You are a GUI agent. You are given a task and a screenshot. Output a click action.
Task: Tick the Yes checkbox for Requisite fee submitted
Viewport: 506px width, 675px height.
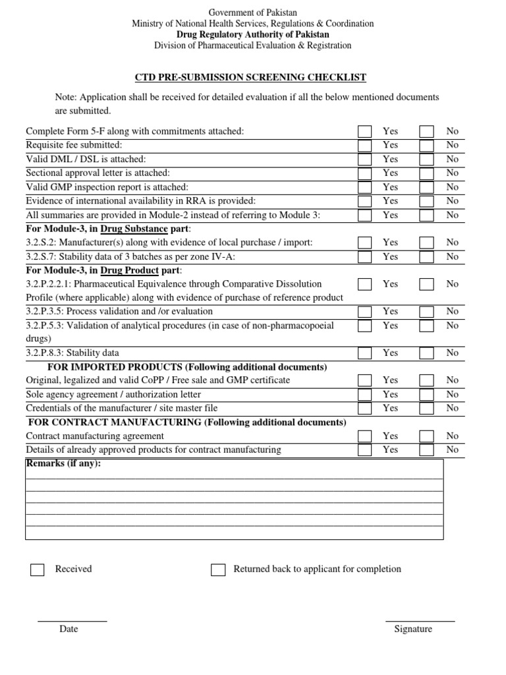click(364, 145)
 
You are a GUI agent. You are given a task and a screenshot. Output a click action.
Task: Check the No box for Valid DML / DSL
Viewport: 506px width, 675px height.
click(427, 160)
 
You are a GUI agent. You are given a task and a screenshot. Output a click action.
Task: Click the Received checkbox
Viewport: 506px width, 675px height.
click(38, 570)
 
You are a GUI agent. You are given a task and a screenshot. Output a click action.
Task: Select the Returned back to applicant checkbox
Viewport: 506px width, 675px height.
click(218, 570)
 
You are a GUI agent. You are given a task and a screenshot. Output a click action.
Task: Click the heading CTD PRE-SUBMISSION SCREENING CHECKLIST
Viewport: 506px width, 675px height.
click(250, 78)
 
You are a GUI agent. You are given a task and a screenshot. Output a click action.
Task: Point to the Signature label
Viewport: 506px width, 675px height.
click(413, 629)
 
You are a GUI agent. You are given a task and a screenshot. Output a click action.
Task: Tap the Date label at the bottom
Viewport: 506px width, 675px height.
click(69, 629)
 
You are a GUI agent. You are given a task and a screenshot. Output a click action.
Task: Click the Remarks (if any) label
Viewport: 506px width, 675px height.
click(63, 463)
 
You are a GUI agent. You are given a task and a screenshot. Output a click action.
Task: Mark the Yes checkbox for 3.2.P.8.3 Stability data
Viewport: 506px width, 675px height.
click(364, 353)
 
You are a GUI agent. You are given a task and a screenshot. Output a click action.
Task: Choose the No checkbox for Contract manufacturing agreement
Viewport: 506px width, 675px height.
click(427, 436)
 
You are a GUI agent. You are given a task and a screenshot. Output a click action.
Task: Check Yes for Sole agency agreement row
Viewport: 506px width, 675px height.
click(364, 394)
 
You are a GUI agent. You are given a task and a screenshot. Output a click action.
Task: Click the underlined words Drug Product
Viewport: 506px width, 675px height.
click(129, 270)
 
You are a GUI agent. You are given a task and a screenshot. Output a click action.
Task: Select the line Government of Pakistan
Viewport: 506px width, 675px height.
click(253, 13)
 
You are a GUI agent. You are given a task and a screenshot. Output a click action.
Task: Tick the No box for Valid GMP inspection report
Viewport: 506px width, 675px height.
click(427, 187)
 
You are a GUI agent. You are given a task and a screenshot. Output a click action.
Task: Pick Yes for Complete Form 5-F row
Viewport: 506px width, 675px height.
click(364, 131)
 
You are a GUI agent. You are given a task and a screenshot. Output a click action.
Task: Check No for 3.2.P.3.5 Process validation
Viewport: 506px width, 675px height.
click(427, 311)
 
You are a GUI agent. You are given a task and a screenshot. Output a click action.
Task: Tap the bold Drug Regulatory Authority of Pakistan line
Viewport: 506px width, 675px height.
click(253, 34)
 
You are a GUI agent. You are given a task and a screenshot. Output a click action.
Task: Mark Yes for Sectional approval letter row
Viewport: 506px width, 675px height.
click(364, 173)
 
